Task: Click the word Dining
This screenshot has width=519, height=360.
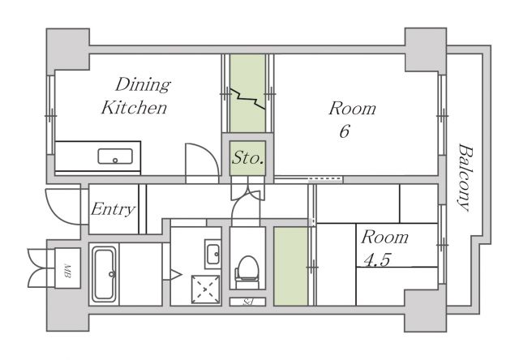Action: [x=143, y=85]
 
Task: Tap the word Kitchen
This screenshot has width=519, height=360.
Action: [x=134, y=108]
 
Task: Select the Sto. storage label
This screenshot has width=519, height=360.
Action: [x=247, y=158]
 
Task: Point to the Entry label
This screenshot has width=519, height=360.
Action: [x=114, y=209]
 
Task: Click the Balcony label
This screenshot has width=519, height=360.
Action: [x=465, y=177]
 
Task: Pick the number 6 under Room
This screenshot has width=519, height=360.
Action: [x=345, y=131]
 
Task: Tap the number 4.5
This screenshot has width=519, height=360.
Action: [x=377, y=259]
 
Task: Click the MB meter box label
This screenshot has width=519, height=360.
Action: [x=67, y=271]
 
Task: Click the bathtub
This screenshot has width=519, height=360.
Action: [x=104, y=274]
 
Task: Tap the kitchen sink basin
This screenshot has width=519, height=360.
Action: [x=115, y=156]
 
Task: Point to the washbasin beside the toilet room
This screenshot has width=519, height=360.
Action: [x=212, y=254]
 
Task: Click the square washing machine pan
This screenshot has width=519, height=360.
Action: [x=205, y=289]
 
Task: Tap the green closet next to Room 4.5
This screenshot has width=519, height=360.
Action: [x=291, y=266]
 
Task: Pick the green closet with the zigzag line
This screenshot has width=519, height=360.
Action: [x=247, y=93]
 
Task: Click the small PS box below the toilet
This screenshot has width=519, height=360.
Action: [x=247, y=302]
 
